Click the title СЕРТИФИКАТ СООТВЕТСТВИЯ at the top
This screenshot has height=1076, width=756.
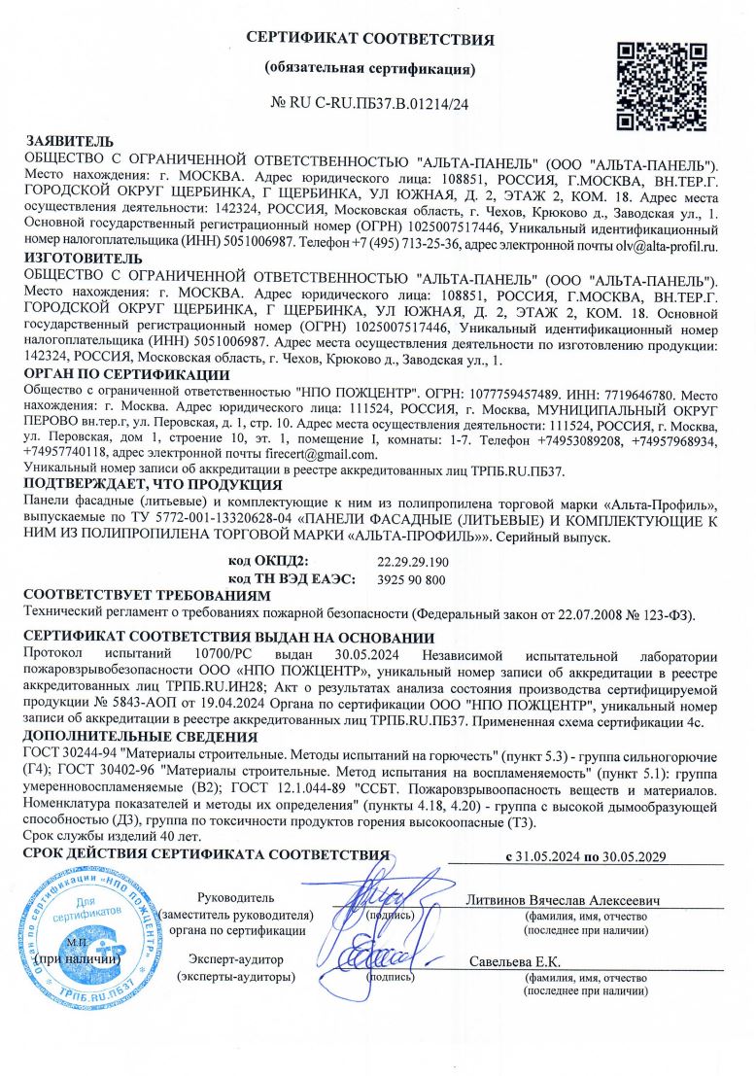click(x=370, y=40)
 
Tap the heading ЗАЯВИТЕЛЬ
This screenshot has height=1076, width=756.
click(x=68, y=142)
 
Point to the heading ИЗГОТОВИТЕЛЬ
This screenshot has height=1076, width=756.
click(x=84, y=259)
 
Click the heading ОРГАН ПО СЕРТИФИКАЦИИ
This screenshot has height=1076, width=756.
click(x=126, y=374)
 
